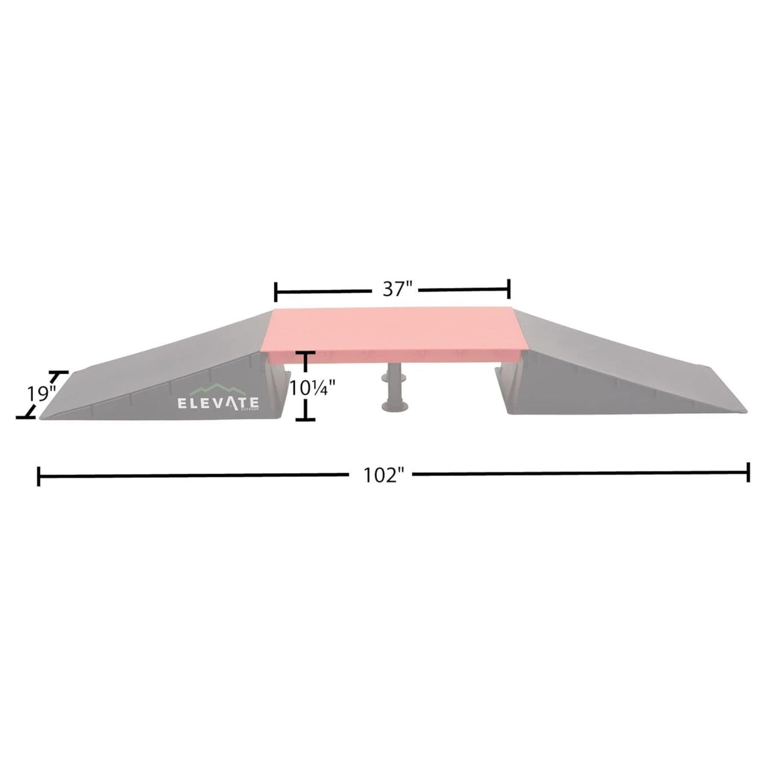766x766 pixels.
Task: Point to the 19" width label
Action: click(42, 394)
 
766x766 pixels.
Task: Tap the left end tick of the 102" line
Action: click(39, 476)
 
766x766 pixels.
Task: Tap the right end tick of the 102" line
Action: click(748, 471)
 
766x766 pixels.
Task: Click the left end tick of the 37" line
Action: click(276, 290)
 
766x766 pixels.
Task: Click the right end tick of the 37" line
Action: click(509, 289)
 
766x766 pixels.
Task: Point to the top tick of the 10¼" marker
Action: click(306, 353)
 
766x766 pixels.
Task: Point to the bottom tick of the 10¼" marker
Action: click(306, 419)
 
